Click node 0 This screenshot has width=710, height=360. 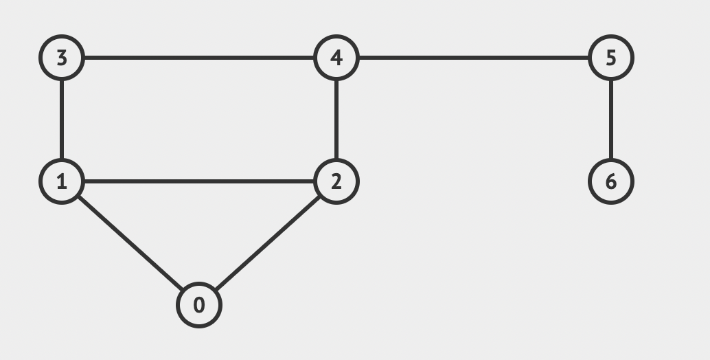tap(199, 305)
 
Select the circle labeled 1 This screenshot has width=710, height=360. tap(62, 181)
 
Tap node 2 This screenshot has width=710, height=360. tap(336, 181)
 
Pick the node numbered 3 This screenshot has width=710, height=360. tap(62, 58)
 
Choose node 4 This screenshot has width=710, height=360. tap(336, 58)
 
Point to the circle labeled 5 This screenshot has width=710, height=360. tap(611, 58)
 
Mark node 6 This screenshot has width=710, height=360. tap(611, 181)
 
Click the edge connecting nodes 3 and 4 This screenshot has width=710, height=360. tap(199, 58)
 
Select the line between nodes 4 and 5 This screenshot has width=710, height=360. tap(474, 58)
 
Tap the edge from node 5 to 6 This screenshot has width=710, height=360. tap(611, 120)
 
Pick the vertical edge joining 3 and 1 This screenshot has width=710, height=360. tap(62, 120)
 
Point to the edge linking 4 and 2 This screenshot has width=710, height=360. tap(336, 120)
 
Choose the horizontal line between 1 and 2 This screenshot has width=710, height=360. tap(199, 181)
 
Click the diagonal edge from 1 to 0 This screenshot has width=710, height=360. tap(130, 243)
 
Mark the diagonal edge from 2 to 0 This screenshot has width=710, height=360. tap(268, 243)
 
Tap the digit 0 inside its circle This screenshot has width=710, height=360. tap(199, 305)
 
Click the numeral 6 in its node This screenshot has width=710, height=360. tap(611, 181)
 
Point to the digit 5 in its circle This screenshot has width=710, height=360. tap(611, 58)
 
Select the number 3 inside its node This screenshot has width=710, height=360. tap(62, 58)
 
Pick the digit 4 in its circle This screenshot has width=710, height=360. tap(336, 58)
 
